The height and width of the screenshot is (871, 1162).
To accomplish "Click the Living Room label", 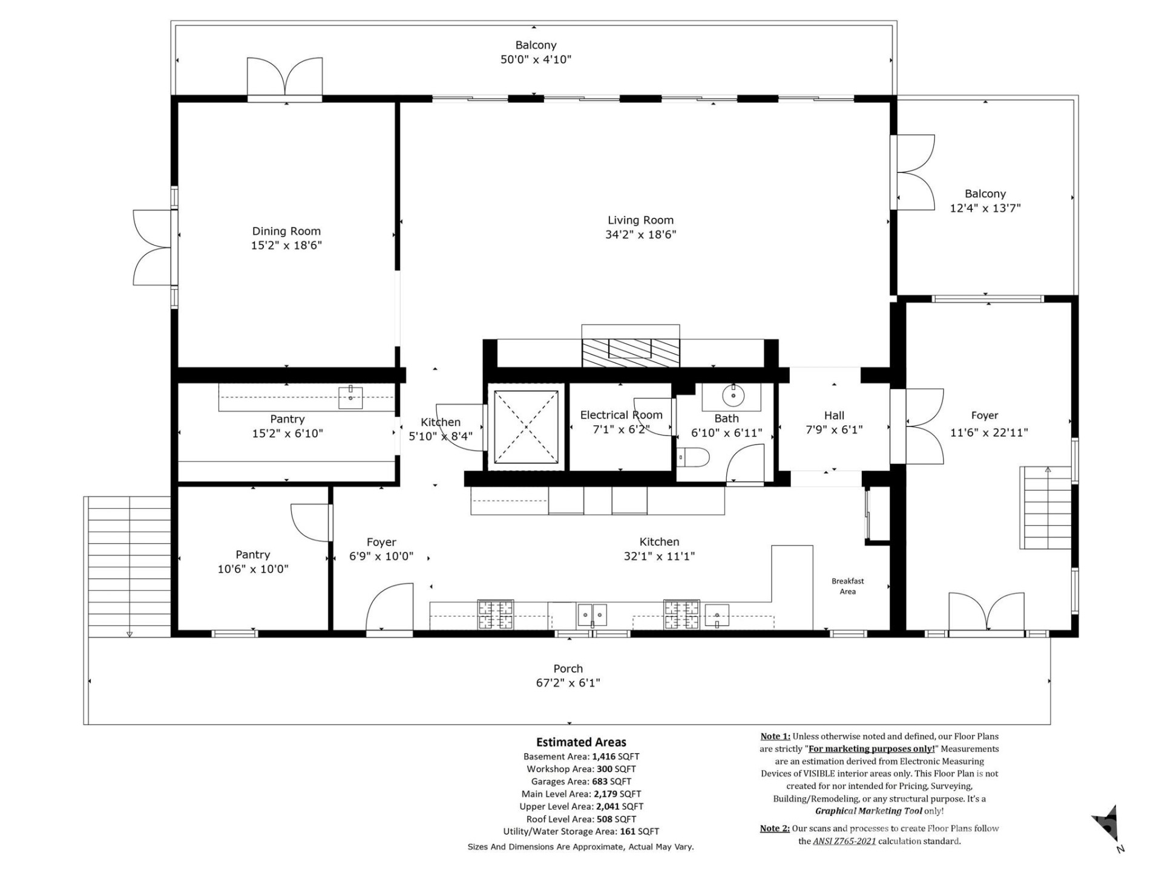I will point(640,220).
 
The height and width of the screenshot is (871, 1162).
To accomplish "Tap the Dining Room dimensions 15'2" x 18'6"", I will point(286,245).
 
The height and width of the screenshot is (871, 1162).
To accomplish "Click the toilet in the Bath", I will point(693,457).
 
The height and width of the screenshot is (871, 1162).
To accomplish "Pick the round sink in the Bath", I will point(733,396).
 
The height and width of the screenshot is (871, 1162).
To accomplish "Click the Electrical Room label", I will point(621,415).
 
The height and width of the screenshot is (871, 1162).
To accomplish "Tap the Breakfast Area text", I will point(847,586).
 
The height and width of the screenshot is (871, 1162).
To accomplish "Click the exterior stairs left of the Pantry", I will point(129,566).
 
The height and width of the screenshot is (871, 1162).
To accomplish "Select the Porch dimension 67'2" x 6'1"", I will point(568,683).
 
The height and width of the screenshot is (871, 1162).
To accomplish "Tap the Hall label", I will point(834,416).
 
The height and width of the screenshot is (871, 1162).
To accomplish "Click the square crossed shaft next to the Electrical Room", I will point(526,427).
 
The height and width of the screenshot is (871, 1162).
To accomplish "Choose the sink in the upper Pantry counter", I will point(350,397).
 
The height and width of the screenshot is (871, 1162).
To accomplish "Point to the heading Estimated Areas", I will point(581,742).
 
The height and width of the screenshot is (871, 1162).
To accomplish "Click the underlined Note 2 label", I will point(774,829).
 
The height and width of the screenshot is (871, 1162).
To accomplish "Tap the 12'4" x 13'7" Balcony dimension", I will point(985,208).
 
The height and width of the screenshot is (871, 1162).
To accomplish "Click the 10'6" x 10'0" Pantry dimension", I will point(253,569).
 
